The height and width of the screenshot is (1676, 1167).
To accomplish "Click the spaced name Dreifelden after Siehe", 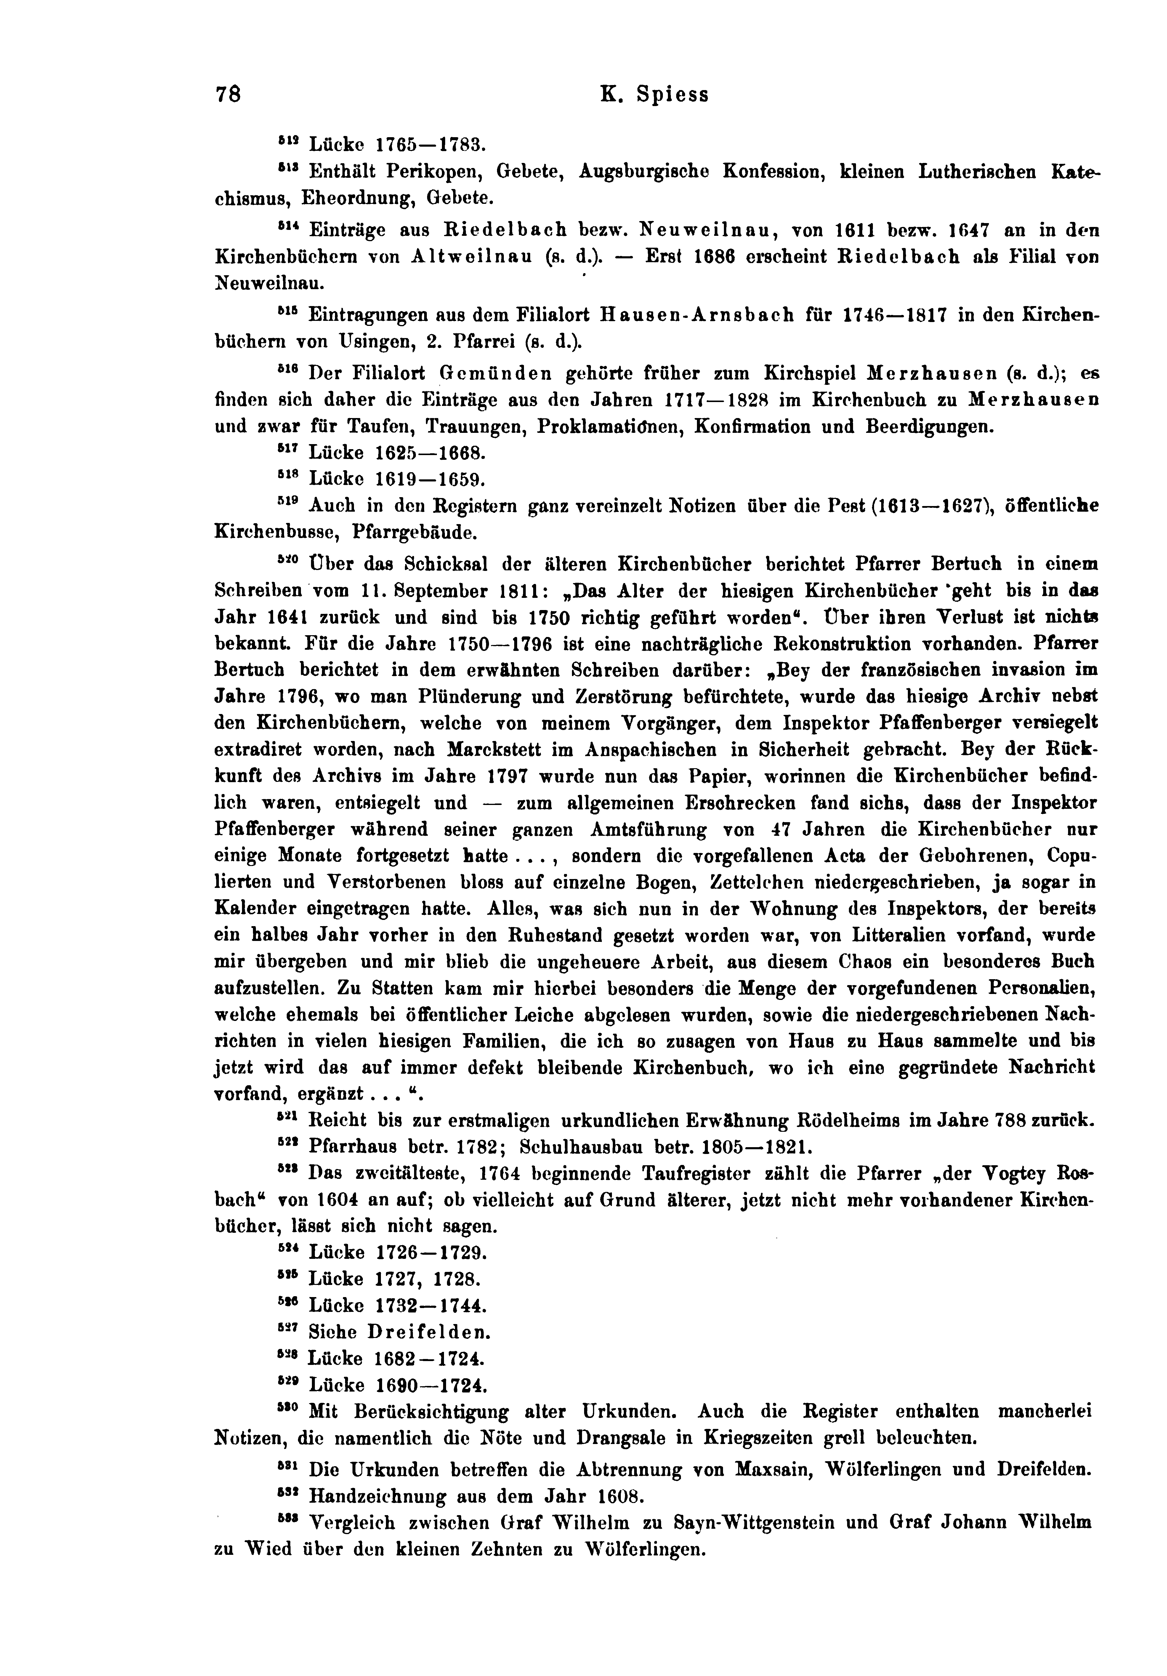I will [428, 1332].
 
